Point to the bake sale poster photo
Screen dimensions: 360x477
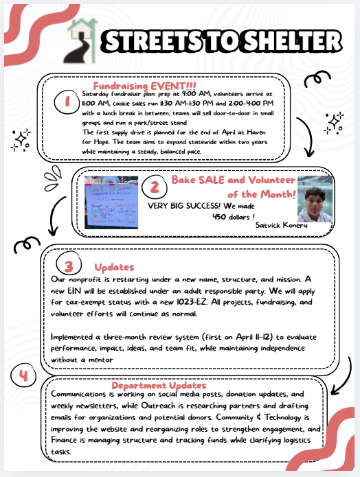(111, 202)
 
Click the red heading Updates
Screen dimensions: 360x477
(114, 266)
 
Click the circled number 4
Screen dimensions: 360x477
(24, 376)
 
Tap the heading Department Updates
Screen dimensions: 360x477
(159, 386)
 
